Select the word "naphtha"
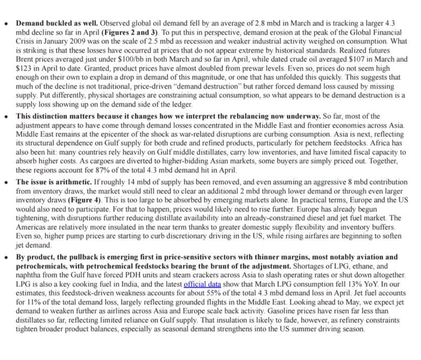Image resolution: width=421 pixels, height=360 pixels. (x=30, y=275)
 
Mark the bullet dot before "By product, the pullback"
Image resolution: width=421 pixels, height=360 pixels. (x=6, y=257)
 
